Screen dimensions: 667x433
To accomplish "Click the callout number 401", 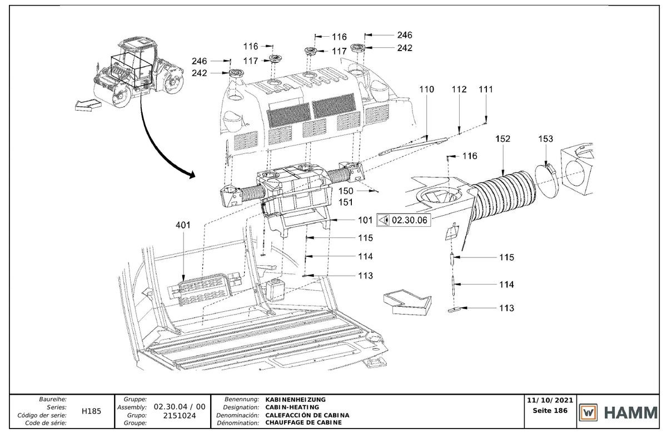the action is tap(183, 225).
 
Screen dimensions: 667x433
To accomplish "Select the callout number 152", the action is tap(502, 139).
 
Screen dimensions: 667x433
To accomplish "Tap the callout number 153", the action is tap(545, 139).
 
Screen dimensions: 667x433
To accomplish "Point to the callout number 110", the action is tap(427, 89).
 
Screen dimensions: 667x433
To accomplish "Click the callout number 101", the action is tap(365, 220).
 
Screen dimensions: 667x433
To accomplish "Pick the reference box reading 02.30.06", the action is tap(404, 220).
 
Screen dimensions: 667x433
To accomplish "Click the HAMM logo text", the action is tap(631, 413).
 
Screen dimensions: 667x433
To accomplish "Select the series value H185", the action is tap(91, 411).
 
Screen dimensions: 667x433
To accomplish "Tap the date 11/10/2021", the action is tap(550, 400).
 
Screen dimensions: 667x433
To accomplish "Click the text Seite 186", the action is tap(550, 411).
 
